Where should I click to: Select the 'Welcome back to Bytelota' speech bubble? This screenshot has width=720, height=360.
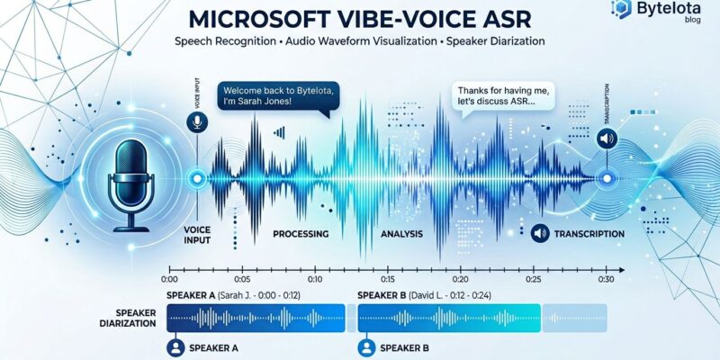pyautogui.click(x=272, y=95)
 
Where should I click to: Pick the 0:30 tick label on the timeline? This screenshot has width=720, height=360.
pyautogui.click(x=605, y=279)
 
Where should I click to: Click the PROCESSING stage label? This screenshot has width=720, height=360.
pyautogui.click(x=299, y=234)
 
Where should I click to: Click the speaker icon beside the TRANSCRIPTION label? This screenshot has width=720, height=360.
pyautogui.click(x=541, y=233)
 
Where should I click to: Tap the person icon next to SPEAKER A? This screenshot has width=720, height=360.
pyautogui.click(x=175, y=346)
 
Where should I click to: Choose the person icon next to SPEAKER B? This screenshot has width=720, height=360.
pyautogui.click(x=365, y=346)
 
